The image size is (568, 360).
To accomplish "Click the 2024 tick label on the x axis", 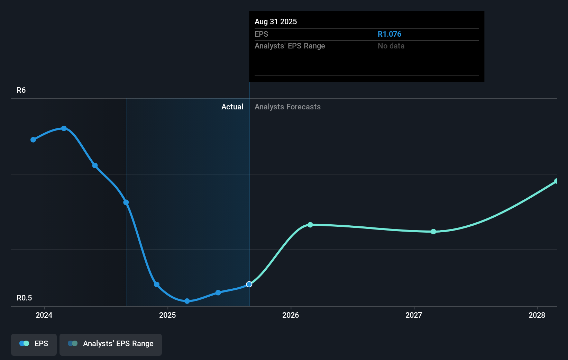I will coord(44,315).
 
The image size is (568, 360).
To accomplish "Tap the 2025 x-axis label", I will coord(167,315).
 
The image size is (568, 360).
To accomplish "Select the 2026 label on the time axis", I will coord(291,315).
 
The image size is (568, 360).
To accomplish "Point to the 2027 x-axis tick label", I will coord(414,315).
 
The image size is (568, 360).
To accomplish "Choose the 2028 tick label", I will coord(537,315).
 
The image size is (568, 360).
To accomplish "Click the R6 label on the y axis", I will coord(21,90).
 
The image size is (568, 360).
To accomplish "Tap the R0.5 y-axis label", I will coord(24,298).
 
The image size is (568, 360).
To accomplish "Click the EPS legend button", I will coord(34,344).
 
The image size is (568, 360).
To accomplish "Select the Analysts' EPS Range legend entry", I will coord(111,344).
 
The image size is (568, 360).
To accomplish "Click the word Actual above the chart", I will coord(232,107).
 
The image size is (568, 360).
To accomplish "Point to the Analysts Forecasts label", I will coord(287,107).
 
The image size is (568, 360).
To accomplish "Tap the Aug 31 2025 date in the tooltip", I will coord(276,22).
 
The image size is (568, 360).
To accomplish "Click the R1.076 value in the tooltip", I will coord(390,34).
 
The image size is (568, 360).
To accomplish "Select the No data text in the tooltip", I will coord(391,46).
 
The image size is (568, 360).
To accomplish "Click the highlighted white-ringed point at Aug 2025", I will coord(249,284).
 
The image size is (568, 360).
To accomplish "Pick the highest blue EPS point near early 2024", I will coord(64,128).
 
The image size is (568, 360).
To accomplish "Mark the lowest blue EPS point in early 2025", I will coord(187,301).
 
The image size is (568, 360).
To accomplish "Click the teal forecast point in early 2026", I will coord(310,225).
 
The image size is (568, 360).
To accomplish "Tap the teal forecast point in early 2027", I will coord(433,232).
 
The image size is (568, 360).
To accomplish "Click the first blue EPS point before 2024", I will coord(33,140).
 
